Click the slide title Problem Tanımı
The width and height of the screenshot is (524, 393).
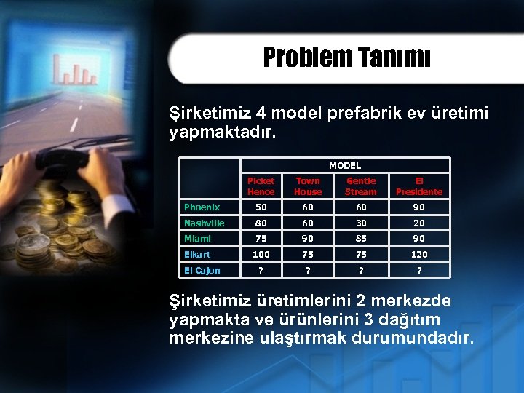pyautogui.click(x=346, y=57)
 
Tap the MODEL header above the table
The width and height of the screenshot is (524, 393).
pyautogui.click(x=344, y=165)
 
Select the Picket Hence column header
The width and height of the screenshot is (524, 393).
pyautogui.click(x=261, y=186)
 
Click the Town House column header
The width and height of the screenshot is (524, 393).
pyautogui.click(x=308, y=186)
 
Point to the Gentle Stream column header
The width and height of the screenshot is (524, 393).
pyautogui.click(x=361, y=186)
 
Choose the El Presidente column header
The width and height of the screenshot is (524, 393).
pyautogui.click(x=418, y=186)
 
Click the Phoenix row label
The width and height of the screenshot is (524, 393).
pyautogui.click(x=202, y=207)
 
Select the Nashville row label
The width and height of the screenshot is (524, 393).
pyautogui.click(x=205, y=223)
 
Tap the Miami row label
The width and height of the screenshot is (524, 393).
pyautogui.click(x=198, y=239)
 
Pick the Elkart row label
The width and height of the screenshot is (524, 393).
pyautogui.click(x=197, y=255)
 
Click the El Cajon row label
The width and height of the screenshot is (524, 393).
pyautogui.click(x=202, y=271)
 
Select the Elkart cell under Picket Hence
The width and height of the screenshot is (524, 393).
pyautogui.click(x=261, y=255)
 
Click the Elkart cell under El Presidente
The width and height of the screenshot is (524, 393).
pyautogui.click(x=418, y=255)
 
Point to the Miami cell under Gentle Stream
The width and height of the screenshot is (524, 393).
pyautogui.click(x=361, y=239)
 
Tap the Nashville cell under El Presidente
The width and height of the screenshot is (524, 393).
pyautogui.click(x=418, y=223)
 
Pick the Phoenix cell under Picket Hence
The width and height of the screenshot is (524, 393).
pyautogui.click(x=261, y=207)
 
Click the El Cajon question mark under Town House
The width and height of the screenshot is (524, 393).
pyautogui.click(x=308, y=271)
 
